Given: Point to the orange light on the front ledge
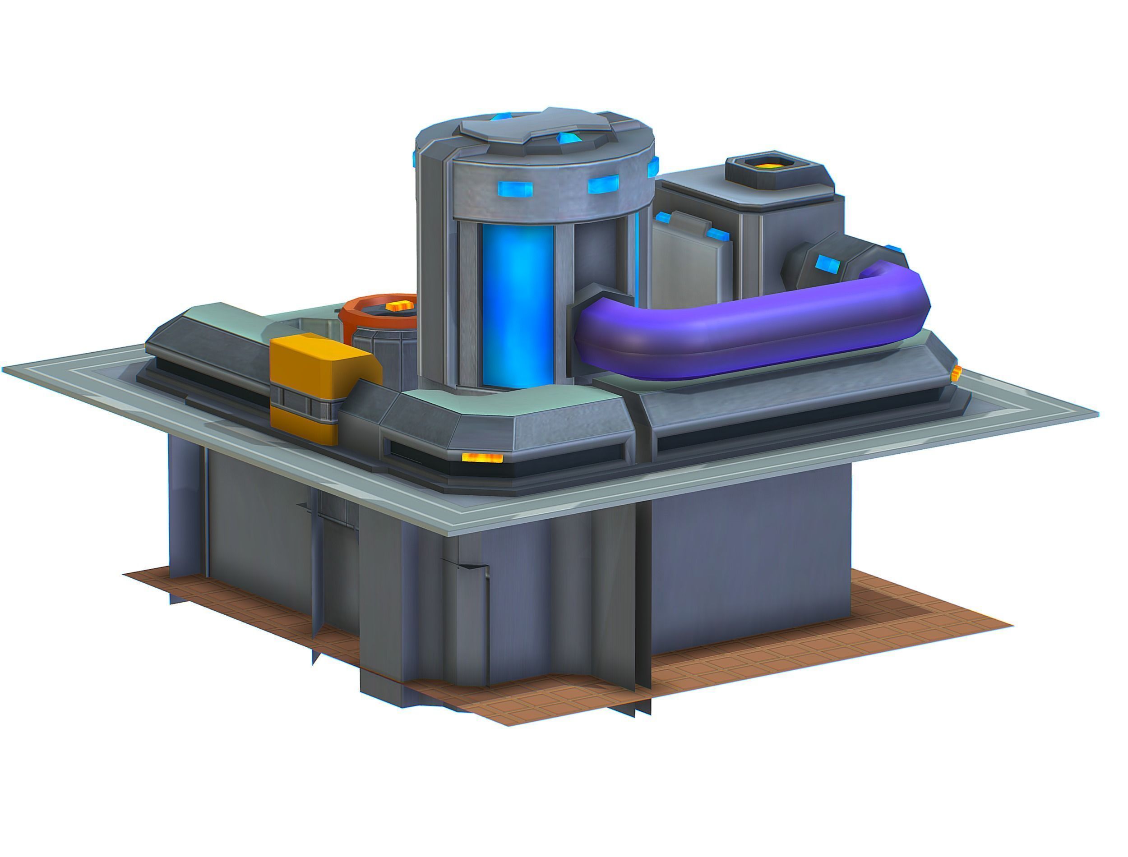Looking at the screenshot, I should tap(482, 457).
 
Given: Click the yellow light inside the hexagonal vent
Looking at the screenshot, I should tap(766, 166).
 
